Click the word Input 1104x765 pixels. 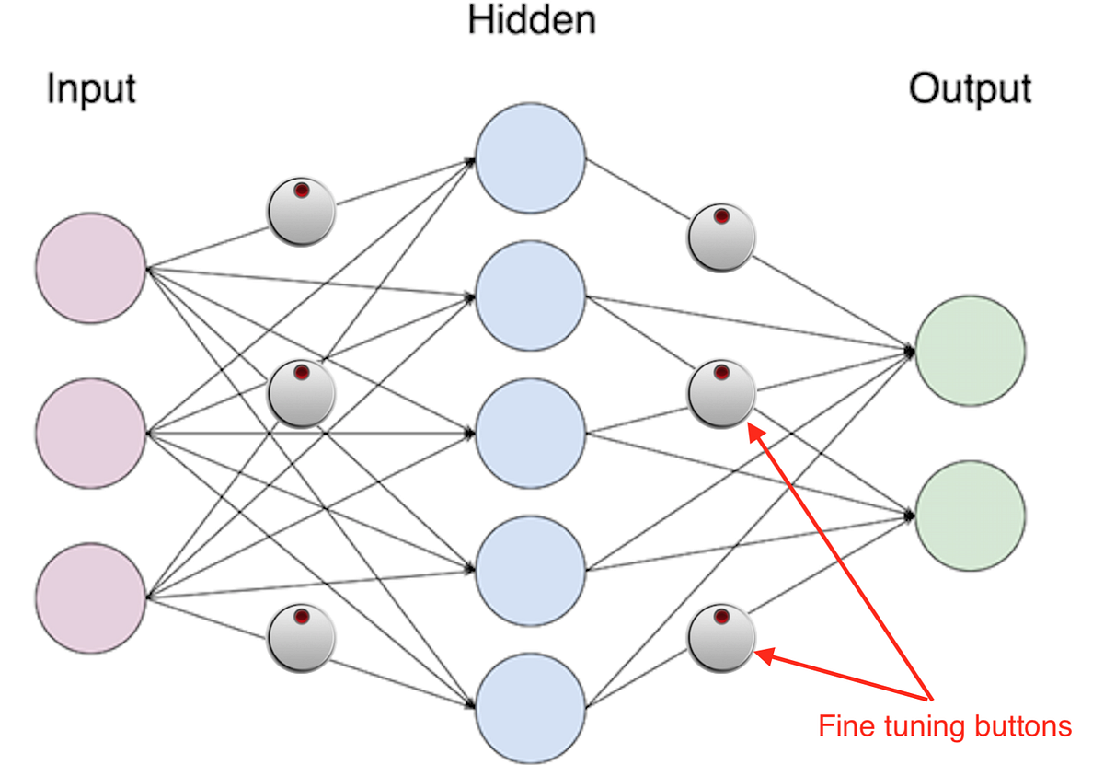91,90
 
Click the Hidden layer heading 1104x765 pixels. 532,19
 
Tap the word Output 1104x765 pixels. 970,90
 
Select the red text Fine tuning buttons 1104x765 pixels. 945,726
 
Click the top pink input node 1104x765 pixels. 91,268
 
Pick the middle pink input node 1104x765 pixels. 91,432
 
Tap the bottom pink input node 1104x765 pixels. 91,596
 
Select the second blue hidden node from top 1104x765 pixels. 531,297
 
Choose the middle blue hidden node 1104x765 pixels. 531,432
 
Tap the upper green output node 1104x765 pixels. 970,351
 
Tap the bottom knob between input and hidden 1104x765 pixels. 301,636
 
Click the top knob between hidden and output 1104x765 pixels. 722,238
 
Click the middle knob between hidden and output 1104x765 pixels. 722,394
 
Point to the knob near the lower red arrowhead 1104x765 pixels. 722,636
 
